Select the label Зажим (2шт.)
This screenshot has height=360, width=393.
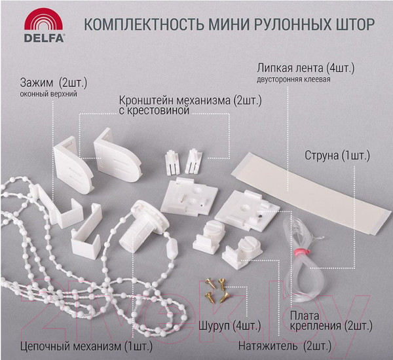pyautogui.click(x=54, y=83)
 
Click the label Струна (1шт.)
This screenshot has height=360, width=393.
pyautogui.click(x=337, y=156)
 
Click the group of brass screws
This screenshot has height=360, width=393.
pyautogui.click(x=215, y=289)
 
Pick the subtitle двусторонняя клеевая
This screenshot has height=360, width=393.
pyautogui.click(x=293, y=81)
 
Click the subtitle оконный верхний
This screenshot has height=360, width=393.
pyautogui.click(x=49, y=95)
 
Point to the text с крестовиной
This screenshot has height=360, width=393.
pyautogui.click(x=154, y=112)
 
